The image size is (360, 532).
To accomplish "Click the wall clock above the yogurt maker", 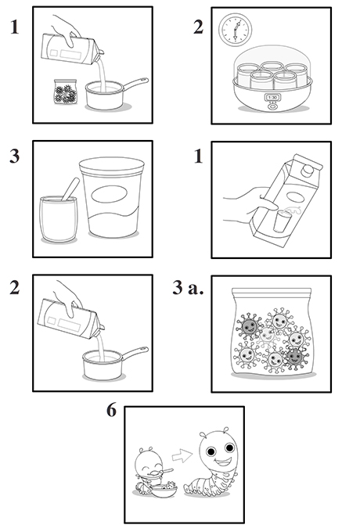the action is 235,30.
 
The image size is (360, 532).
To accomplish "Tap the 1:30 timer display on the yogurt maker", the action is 272,97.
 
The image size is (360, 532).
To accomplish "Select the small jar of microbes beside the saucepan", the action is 66,92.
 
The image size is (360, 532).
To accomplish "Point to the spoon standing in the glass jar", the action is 70,189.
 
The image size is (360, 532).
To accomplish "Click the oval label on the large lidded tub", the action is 110,194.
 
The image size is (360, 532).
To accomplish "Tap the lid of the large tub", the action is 112,166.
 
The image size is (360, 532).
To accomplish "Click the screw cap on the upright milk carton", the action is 308,170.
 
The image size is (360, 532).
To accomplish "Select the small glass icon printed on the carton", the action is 281,221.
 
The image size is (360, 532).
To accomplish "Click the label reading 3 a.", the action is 188,287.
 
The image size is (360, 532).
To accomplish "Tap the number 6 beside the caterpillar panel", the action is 111,410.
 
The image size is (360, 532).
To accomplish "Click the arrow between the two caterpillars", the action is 182,455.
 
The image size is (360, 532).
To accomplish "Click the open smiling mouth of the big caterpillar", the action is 224,462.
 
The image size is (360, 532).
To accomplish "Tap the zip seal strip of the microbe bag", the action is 272,292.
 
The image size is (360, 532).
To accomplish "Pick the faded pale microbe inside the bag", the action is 268,336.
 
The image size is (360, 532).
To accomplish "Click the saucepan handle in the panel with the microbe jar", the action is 135,84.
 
